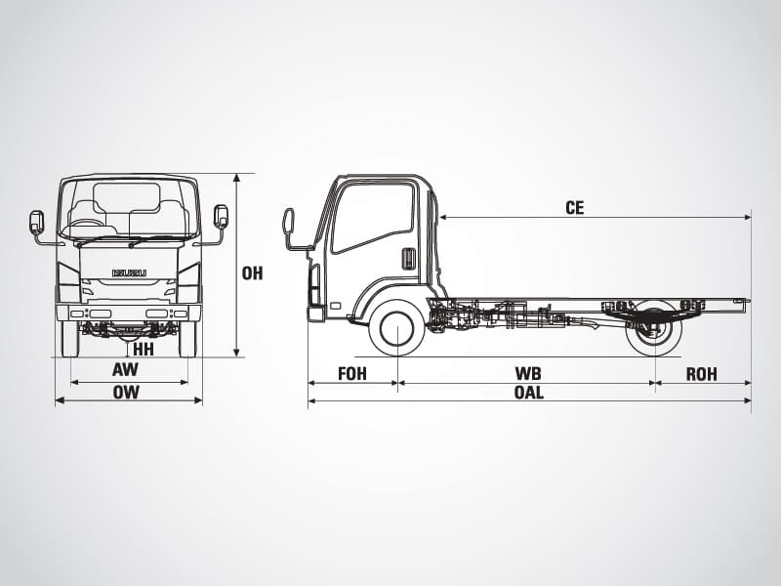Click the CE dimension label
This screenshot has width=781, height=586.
574,207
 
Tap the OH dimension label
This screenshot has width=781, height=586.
252,273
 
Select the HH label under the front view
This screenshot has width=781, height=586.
144,350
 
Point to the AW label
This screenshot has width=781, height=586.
125,370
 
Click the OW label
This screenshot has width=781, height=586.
126,393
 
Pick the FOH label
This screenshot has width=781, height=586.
352,374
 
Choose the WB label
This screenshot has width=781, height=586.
528,374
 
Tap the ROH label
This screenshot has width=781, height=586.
701,374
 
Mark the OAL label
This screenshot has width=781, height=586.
529,393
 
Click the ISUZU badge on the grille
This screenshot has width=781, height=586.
130,273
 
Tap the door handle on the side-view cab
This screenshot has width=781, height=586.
408,259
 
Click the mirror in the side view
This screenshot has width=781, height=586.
289,223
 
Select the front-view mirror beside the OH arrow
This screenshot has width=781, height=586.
221,216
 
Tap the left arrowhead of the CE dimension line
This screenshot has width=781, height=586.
443,217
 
